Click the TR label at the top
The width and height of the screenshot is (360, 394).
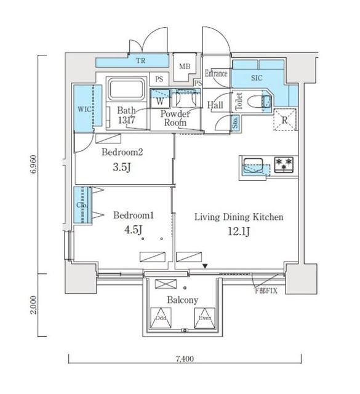click(x=140, y=61)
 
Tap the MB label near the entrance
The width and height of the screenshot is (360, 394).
click(x=184, y=67)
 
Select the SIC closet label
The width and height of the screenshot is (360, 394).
click(x=257, y=78)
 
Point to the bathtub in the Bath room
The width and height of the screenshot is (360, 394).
click(x=126, y=90)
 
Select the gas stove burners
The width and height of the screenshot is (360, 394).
click(x=285, y=164)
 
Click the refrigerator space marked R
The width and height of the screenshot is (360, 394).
click(x=285, y=119)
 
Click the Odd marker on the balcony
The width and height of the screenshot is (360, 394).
click(x=161, y=318)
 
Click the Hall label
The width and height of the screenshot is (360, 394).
click(x=215, y=106)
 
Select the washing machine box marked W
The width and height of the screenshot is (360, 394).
click(x=160, y=100)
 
